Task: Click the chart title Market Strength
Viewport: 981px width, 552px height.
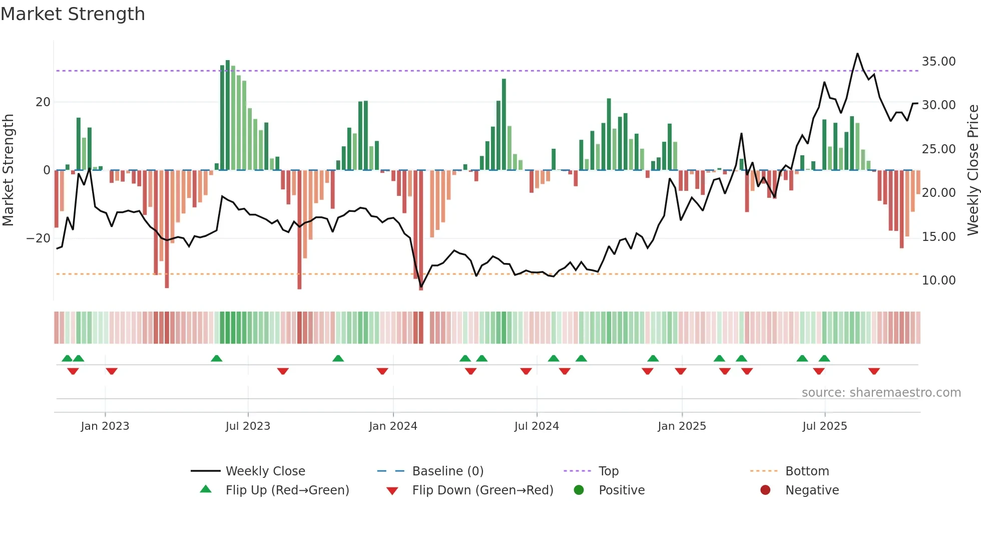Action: point(73,14)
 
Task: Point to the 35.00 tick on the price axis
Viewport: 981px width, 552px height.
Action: point(938,62)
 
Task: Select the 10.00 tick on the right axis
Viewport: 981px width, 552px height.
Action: point(938,281)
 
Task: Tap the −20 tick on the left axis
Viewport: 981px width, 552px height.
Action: point(39,238)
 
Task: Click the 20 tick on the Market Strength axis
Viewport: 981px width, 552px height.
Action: point(43,102)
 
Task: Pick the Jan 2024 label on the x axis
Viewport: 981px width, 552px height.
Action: point(393,426)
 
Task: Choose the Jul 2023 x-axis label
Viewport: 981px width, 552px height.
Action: point(248,426)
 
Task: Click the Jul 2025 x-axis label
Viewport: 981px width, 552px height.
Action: point(824,426)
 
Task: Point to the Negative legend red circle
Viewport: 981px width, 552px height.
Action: point(765,490)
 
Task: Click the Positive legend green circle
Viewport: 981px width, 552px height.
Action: point(579,490)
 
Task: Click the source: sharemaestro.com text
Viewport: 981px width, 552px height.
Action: point(881,393)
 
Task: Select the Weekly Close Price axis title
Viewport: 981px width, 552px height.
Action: point(972,170)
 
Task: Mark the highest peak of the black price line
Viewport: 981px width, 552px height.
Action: point(857,54)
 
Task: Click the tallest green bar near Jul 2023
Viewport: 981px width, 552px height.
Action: point(228,115)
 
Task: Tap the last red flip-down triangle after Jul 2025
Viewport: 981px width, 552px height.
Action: point(874,371)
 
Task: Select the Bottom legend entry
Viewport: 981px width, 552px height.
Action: point(807,471)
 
